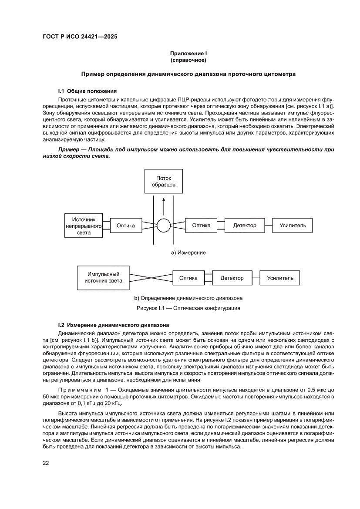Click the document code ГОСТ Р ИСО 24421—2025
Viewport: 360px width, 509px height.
pos(80,37)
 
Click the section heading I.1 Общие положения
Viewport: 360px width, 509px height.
pos(87,91)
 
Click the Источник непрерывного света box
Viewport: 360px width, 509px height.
pos(84,226)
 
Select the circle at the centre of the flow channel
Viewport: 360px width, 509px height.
pos(164,226)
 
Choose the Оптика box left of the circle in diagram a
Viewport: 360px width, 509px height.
pos(126,226)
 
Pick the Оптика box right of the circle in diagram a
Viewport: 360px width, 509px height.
pos(201,226)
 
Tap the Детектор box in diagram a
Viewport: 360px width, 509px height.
pos(245,226)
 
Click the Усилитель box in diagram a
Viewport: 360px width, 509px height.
pos(293,226)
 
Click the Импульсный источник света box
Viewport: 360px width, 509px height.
pos(103,278)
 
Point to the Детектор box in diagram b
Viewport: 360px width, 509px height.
pos(232,278)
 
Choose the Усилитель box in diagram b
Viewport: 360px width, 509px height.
pos(280,278)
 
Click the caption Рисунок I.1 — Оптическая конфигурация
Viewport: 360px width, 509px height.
pos(188,308)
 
